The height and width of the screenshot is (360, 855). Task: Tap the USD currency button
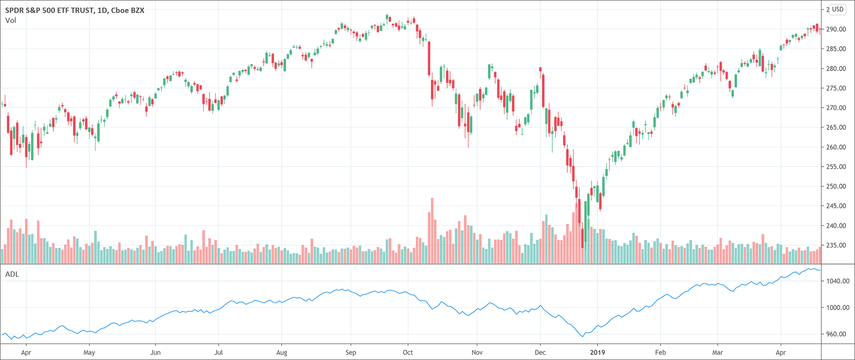tap(838, 9)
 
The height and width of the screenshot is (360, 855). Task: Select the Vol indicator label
tap(10, 20)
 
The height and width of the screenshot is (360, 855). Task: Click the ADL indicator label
tap(12, 274)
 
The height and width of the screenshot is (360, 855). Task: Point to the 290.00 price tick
tap(836, 29)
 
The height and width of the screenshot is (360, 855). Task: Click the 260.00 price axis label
tap(836, 147)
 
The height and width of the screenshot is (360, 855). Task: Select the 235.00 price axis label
tap(836, 245)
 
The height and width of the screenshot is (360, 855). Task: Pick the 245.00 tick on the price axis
tap(836, 206)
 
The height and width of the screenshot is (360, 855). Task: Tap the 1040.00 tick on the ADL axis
tap(838, 281)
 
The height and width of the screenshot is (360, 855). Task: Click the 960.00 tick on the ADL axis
tap(838, 334)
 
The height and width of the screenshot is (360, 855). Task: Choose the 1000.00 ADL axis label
tap(838, 308)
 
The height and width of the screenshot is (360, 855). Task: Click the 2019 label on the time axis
tap(597, 352)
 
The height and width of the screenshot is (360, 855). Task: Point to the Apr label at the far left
tap(26, 352)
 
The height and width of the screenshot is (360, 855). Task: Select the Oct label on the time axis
tap(408, 352)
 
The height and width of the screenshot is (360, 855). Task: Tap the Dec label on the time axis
tap(540, 352)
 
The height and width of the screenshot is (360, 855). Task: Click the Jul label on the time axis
tap(218, 352)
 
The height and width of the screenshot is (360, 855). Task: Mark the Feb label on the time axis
tap(661, 352)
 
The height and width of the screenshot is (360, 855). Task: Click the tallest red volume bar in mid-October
tap(432, 231)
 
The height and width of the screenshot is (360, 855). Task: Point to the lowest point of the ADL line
tap(583, 336)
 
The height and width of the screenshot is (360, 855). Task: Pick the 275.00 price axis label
tap(836, 88)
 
